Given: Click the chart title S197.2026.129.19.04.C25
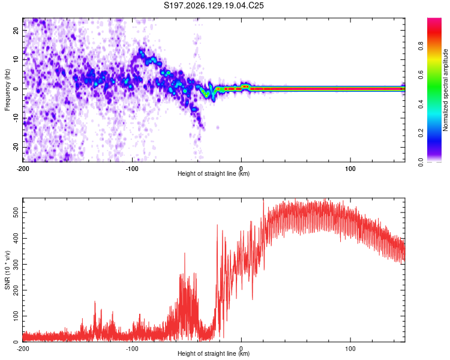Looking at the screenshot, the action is [214, 5].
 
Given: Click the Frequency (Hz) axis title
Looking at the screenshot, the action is [7, 90].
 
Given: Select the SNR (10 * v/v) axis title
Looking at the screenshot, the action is [7, 270].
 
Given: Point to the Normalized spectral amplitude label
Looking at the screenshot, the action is [445, 90].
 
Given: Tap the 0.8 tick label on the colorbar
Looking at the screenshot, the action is [421, 46].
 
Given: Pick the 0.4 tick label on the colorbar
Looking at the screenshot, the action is [421, 104].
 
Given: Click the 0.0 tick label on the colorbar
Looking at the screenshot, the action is [421, 163].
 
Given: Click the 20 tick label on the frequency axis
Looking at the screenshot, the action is [16, 30].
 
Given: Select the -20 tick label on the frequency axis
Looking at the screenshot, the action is [16, 147].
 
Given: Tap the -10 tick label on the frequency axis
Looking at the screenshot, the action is [16, 118].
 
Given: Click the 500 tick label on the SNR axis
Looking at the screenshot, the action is [16, 213].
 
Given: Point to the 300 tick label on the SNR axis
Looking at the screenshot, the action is [16, 265].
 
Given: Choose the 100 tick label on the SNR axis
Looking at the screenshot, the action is [16, 316].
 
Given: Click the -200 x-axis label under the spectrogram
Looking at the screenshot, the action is [23, 169].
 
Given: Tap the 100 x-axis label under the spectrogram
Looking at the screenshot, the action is [350, 169].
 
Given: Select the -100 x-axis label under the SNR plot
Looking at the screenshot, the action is [132, 349].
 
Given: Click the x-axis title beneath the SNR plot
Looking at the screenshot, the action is [214, 353].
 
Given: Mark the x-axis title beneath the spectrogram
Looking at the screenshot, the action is [214, 173].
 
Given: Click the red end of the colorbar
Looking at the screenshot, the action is [434, 22].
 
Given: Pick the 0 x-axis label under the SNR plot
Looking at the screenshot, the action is [241, 349].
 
